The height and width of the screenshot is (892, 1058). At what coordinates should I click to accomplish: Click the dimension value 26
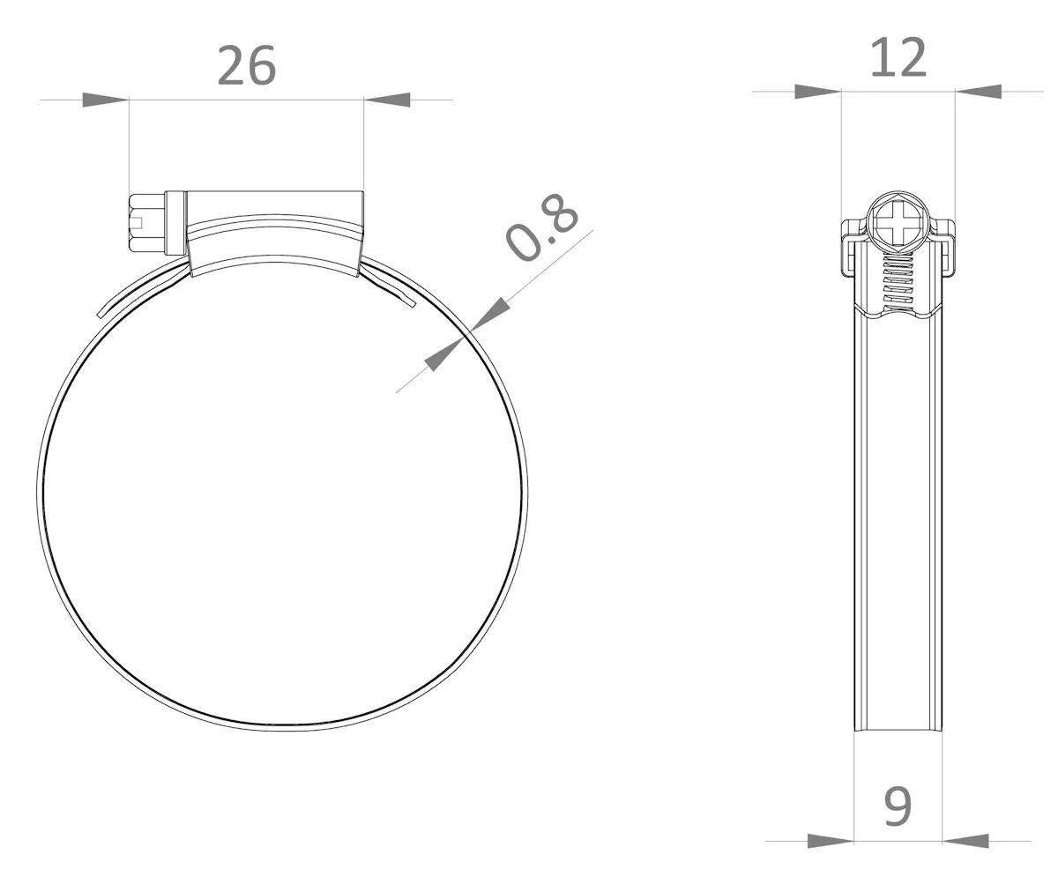(247, 66)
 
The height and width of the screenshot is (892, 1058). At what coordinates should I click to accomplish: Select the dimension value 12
(898, 58)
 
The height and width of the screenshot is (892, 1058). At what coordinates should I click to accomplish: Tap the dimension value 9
(898, 807)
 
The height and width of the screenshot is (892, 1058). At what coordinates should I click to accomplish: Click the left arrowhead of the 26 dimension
(106, 100)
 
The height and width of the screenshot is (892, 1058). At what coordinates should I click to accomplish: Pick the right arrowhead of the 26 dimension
(387, 100)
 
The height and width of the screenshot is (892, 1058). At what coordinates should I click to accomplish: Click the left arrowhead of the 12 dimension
(818, 92)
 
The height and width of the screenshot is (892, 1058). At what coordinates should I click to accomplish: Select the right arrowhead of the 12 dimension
(979, 92)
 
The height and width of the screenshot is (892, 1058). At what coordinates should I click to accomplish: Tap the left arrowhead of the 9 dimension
(831, 842)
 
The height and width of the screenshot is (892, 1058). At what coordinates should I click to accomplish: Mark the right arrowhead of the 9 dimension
(965, 842)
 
